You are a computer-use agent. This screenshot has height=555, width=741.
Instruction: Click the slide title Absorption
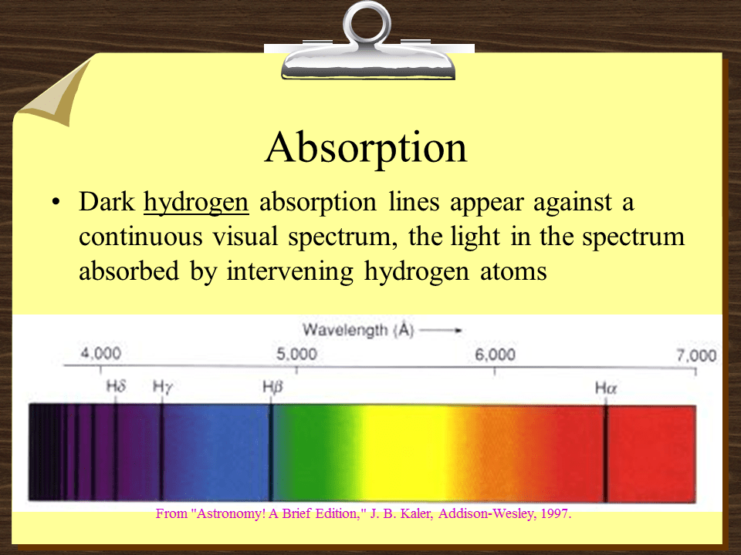(x=365, y=148)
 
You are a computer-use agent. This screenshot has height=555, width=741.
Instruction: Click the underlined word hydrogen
(x=197, y=203)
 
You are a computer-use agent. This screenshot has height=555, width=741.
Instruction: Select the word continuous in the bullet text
(x=139, y=237)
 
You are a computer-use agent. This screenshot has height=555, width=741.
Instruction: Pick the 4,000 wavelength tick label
(x=101, y=355)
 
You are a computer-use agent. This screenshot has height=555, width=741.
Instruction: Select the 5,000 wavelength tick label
(x=296, y=355)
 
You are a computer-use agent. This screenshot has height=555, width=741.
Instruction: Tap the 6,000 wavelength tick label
(x=495, y=355)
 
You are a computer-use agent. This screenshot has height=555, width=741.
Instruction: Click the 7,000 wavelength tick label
(x=696, y=355)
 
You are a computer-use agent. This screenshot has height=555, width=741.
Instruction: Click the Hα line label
(x=606, y=388)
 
